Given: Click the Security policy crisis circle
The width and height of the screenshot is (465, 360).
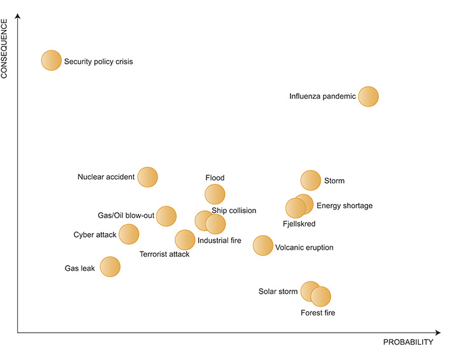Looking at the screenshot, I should click(51, 61).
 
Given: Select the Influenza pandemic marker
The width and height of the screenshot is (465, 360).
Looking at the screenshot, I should click(368, 97).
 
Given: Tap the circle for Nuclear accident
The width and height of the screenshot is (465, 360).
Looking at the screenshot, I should click(147, 177).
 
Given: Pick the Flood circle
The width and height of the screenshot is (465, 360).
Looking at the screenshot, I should click(215, 194).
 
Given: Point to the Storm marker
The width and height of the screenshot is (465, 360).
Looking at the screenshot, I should click(310, 181).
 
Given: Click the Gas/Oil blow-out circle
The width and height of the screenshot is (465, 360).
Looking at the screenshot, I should click(166, 216).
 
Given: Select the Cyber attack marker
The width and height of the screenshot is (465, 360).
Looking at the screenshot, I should click(129, 234).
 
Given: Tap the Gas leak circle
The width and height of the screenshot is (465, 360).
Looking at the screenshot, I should click(110, 267).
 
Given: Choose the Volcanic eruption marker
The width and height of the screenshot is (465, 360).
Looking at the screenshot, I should click(263, 245).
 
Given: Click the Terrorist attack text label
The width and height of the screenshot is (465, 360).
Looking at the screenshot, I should click(164, 254).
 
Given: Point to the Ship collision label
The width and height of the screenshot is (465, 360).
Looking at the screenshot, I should click(234, 210).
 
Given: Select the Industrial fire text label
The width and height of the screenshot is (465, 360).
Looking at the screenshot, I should click(219, 241).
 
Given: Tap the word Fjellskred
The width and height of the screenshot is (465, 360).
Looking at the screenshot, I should click(299, 224).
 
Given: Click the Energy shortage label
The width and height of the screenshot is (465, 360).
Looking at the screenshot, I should click(345, 206).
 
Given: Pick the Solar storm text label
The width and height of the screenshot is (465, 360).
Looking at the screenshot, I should click(278, 292).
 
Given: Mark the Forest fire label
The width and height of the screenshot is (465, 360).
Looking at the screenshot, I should click(318, 313).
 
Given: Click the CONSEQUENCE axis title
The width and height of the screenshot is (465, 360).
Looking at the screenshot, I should click(4, 48).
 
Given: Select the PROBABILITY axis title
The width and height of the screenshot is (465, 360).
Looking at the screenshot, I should click(408, 342).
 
